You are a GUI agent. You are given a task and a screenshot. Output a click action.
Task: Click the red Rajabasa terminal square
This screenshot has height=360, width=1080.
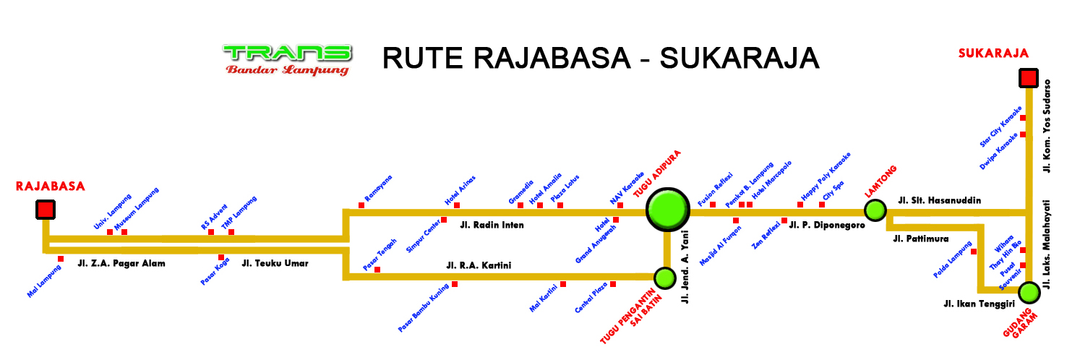tap(46, 210)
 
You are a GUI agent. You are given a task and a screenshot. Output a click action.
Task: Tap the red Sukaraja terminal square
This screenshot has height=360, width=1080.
tap(1028, 78)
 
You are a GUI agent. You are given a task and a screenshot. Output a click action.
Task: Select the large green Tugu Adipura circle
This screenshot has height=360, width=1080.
tap(667, 210)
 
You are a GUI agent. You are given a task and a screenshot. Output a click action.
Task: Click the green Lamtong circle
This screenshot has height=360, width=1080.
tap(875, 210)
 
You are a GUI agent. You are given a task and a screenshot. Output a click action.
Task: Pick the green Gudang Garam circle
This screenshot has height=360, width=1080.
tap(1029, 293)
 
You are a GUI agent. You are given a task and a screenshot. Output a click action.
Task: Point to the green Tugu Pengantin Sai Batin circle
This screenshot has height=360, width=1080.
tap(664, 277)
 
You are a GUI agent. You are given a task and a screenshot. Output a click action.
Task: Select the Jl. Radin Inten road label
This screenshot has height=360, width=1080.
tap(492, 225)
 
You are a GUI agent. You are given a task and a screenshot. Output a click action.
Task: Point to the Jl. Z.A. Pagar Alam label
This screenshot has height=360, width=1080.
tap(121, 264)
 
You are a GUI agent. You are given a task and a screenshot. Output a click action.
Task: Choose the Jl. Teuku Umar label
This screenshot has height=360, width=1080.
tap(275, 264)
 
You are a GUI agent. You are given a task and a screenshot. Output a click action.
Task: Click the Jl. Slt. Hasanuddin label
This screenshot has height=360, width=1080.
tap(939, 200)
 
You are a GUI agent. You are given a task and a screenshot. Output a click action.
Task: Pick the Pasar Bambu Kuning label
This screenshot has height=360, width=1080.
tap(424, 308)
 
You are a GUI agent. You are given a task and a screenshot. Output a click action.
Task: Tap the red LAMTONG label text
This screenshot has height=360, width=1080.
tap(880, 182)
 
